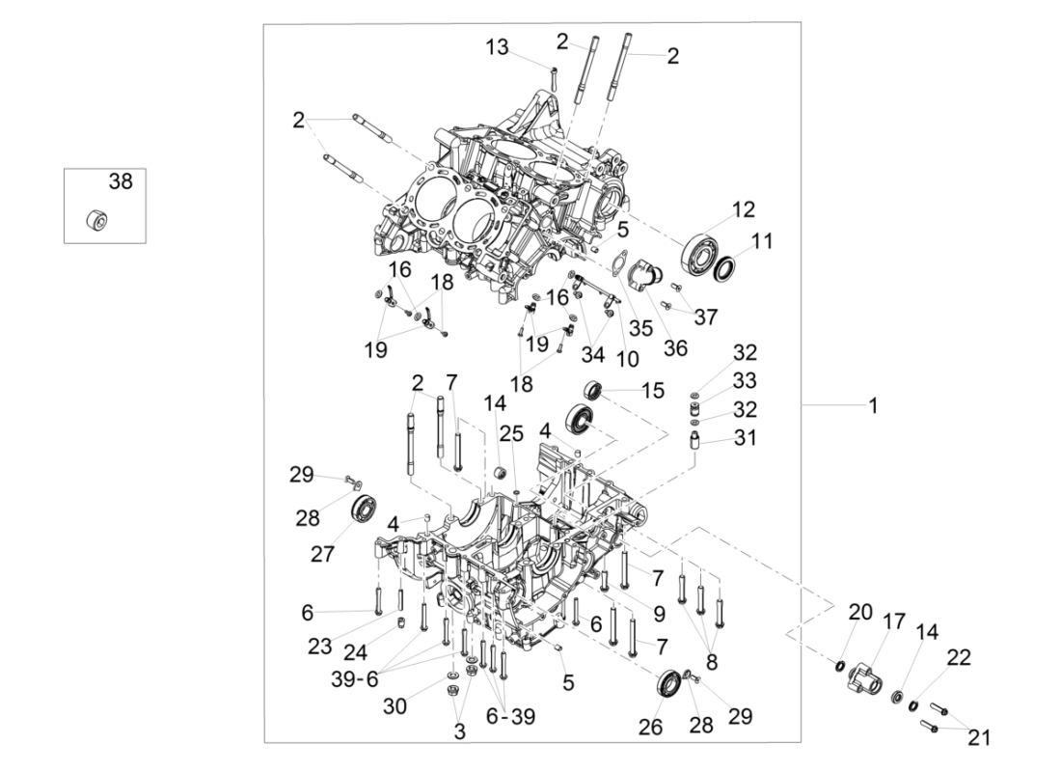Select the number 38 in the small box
[121, 181]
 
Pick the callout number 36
[675, 348]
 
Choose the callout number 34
[592, 355]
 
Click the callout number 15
[653, 391]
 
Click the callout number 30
[394, 705]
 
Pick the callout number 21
[979, 738]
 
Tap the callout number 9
[659, 613]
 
